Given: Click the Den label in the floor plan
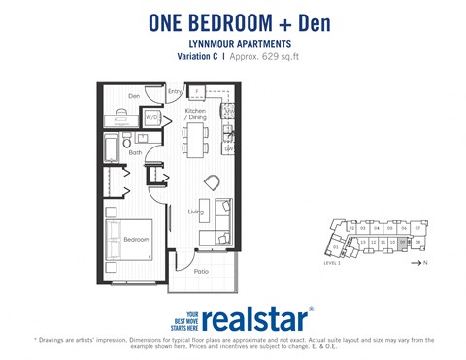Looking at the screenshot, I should [134, 95].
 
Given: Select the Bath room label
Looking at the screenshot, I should [135, 152].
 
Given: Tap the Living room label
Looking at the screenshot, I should [194, 211].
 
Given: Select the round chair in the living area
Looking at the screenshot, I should [213, 182].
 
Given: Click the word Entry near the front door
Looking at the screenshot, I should [175, 91].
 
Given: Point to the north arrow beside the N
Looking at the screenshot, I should [416, 262].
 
